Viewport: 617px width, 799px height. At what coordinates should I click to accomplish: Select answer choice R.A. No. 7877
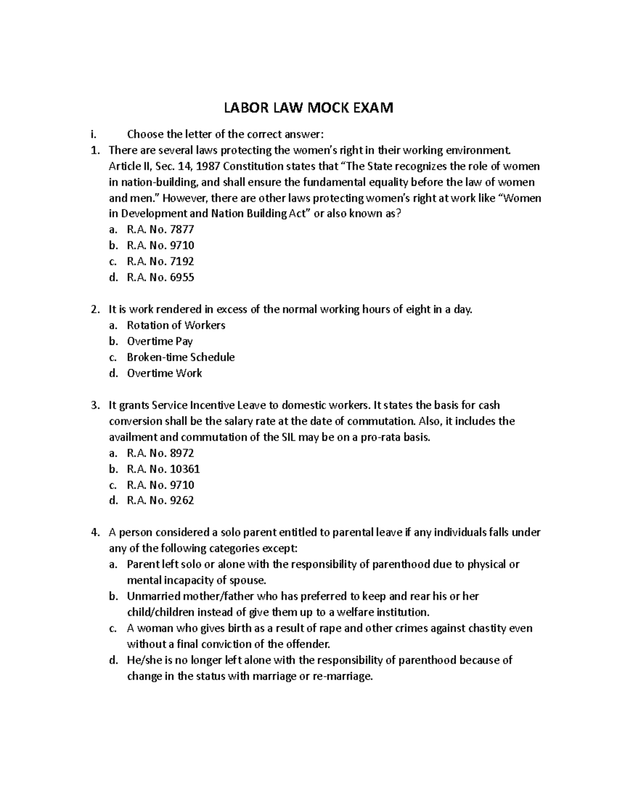pos(160,229)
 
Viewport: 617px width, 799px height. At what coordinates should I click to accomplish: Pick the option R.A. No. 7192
pos(160,261)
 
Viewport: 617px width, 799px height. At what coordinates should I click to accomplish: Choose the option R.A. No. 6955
pos(160,277)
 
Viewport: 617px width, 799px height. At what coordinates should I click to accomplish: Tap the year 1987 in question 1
pos(209,166)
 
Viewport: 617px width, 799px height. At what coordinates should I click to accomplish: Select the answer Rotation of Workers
pos(176,325)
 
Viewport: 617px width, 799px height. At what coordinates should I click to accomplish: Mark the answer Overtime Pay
pos(160,341)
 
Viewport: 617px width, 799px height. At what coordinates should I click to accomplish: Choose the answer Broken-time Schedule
pos(180,357)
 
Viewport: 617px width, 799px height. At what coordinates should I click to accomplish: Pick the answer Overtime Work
pos(165,373)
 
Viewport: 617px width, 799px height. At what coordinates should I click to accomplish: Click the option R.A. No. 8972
pos(160,453)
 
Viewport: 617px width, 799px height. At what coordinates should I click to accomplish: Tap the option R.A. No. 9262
pos(160,501)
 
